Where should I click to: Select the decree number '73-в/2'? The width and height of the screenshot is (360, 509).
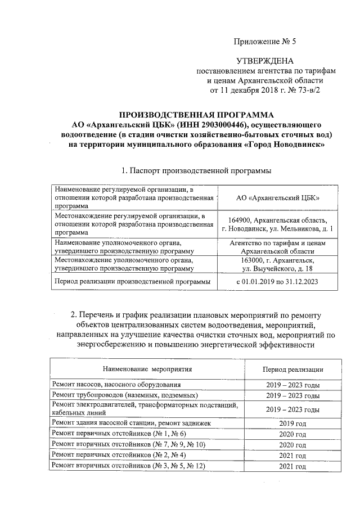tap(308, 89)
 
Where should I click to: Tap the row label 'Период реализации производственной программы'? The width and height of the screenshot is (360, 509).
tap(132, 281)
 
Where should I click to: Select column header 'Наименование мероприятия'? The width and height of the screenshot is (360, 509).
tap(147, 369)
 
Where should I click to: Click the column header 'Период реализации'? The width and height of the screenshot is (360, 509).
tap(292, 369)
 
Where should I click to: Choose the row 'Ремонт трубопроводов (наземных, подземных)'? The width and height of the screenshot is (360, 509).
tap(124, 396)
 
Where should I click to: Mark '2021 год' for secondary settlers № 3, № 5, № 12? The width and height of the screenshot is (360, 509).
tap(292, 467)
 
